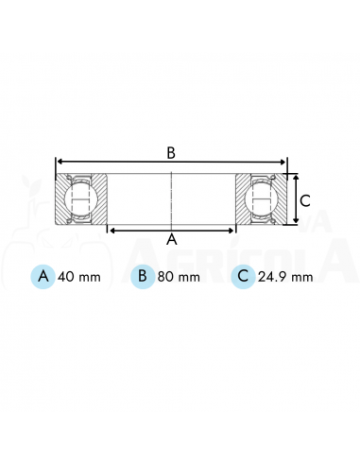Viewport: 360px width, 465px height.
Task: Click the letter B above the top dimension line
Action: pyautogui.click(x=171, y=153)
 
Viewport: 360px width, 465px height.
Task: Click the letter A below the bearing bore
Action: pyautogui.click(x=172, y=239)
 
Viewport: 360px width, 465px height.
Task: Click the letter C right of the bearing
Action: pyautogui.click(x=305, y=200)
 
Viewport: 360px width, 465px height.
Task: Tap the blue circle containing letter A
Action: pyautogui.click(x=43, y=277)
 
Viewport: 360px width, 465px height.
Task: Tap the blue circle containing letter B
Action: pyautogui.click(x=143, y=277)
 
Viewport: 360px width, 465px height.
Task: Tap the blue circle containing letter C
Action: pyautogui.click(x=243, y=277)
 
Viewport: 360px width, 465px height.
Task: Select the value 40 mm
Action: pyautogui.click(x=79, y=277)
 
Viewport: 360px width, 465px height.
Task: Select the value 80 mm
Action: pyautogui.click(x=179, y=277)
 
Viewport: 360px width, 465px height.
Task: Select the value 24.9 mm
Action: pyautogui.click(x=285, y=277)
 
